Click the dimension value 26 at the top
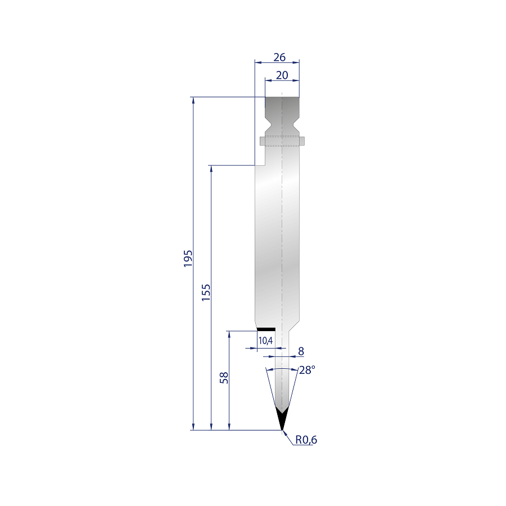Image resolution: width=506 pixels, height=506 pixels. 279,57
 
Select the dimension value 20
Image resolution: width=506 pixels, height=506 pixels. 282,75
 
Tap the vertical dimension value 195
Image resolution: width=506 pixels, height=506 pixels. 188,258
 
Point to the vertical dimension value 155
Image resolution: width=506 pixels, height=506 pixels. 206,292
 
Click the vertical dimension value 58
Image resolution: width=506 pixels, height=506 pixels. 224,378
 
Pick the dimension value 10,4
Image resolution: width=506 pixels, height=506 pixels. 265,341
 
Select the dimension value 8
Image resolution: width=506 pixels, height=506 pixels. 301,351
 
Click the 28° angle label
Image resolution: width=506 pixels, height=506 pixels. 307,370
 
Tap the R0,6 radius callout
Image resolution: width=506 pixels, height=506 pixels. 306,440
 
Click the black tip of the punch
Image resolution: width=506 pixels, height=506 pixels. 282,419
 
